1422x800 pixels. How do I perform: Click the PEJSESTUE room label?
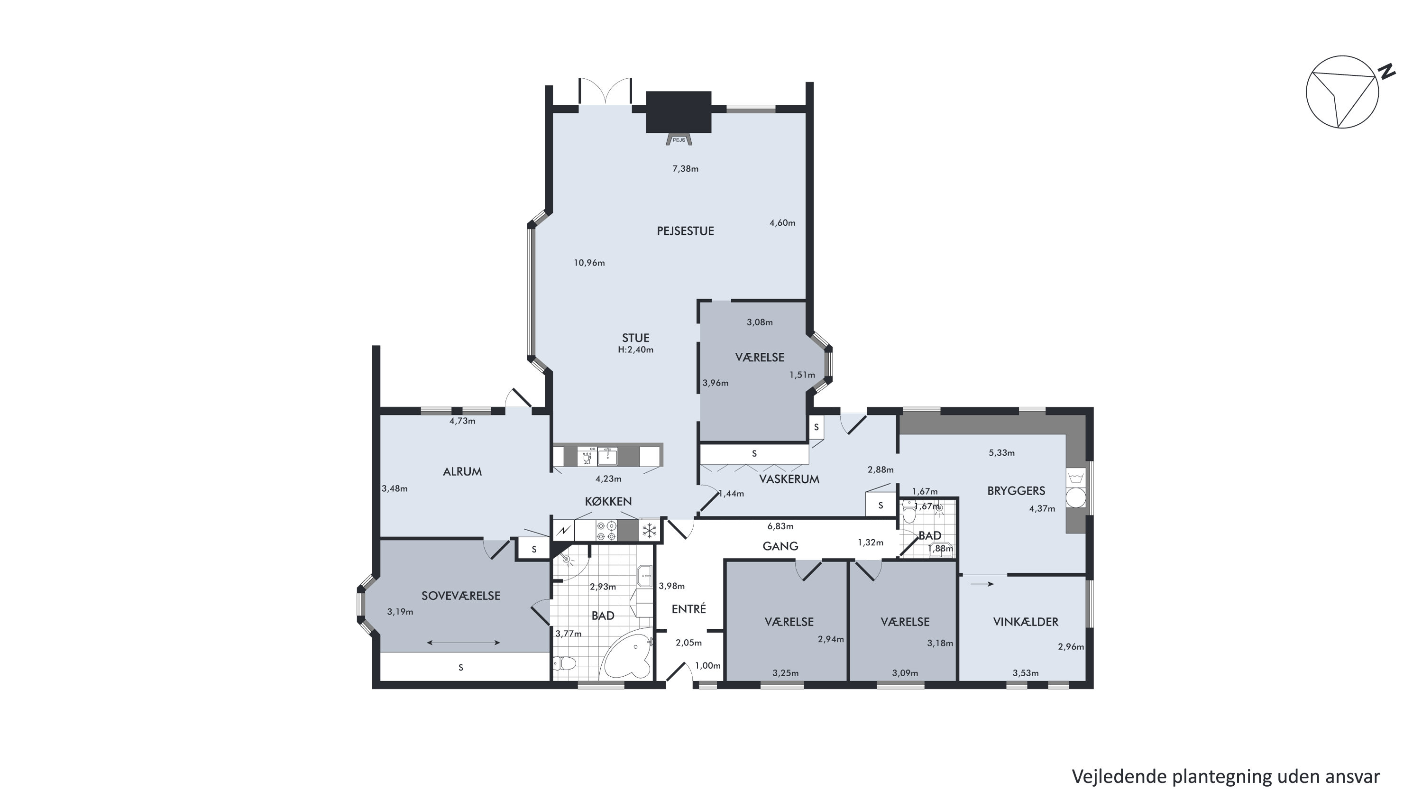click(685, 231)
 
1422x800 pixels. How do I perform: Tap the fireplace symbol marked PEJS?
click(679, 140)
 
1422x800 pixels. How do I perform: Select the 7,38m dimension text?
click(685, 169)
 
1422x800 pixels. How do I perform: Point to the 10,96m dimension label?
click(589, 263)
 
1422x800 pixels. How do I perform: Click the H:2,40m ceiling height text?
click(635, 349)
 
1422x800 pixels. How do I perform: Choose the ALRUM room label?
click(462, 472)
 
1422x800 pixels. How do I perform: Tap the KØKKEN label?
click(608, 501)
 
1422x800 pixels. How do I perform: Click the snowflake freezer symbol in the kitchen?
click(650, 531)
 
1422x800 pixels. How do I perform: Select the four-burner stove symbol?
click(606, 531)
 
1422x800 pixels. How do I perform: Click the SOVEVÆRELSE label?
click(461, 596)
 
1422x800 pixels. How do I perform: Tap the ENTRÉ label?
click(689, 609)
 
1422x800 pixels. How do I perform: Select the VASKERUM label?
click(789, 479)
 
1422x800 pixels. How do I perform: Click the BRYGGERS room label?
click(1016, 491)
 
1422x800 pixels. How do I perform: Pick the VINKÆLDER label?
click(1026, 622)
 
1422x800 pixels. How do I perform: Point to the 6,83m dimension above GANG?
click(780, 527)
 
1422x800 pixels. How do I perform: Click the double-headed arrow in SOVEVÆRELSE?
click(463, 643)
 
